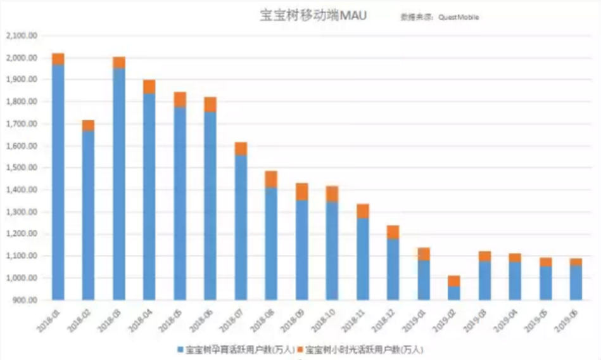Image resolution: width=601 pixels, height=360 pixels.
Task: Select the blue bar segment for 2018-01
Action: tap(58, 184)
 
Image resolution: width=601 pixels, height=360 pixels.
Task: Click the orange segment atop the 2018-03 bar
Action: tap(118, 62)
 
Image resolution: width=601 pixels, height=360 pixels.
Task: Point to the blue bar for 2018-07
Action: tap(241, 228)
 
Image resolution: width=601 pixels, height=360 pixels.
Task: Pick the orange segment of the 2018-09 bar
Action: tap(301, 191)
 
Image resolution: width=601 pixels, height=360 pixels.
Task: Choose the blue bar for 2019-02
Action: tap(453, 293)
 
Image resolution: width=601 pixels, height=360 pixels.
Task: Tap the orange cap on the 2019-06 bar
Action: tap(575, 262)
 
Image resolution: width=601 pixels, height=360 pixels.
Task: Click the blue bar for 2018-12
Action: tap(393, 269)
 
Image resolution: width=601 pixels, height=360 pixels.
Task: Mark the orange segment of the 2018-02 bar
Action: tap(88, 125)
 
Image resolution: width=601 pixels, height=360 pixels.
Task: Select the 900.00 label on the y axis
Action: tap(25, 300)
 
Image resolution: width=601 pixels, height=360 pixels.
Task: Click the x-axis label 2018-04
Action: tap(141, 315)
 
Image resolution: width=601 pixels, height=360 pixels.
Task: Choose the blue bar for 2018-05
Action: tap(179, 203)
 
